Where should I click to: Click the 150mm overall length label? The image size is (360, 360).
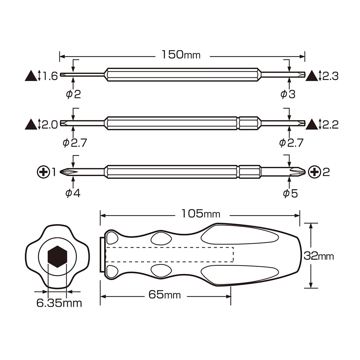[x=181, y=55]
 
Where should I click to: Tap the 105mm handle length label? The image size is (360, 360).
[x=201, y=214]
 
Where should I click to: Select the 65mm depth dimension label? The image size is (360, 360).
[x=165, y=294]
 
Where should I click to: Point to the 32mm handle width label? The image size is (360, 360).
[x=319, y=256]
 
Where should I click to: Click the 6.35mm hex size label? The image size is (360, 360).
[x=59, y=303]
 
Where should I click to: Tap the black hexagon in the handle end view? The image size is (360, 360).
[x=57, y=256]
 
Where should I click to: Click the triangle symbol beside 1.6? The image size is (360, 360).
[x=31, y=76]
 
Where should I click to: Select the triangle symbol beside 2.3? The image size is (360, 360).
[x=312, y=76]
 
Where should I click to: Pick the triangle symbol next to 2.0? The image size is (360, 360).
[x=31, y=124]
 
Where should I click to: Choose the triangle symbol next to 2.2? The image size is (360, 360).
[x=312, y=124]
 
